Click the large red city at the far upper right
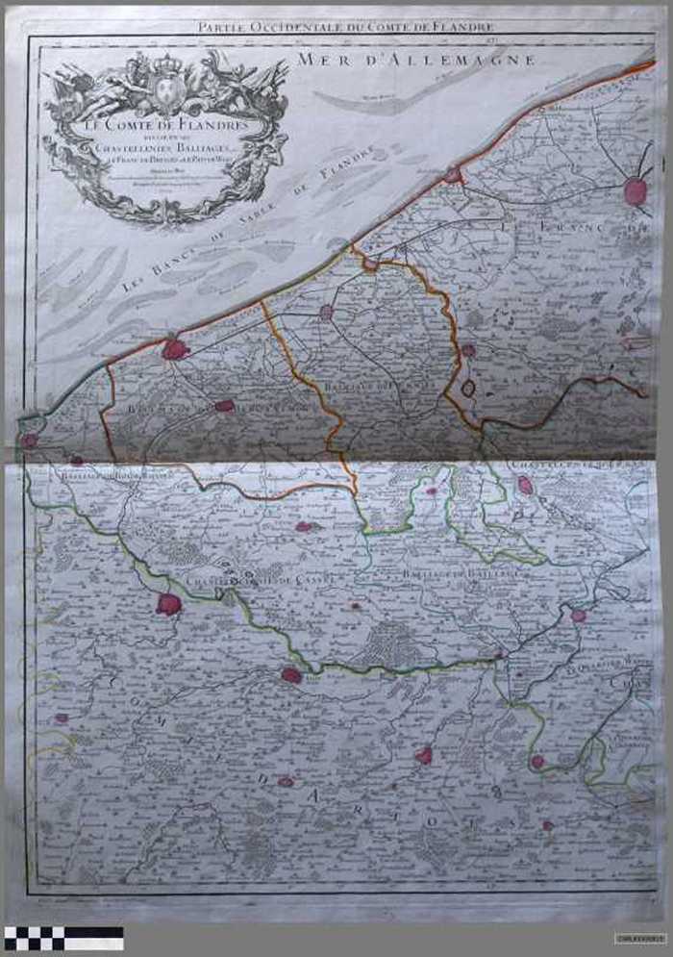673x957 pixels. [636, 190]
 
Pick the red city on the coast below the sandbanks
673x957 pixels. [175, 349]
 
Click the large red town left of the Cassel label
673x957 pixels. [169, 605]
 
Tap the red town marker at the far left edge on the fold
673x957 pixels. [29, 441]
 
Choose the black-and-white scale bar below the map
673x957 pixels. [63, 937]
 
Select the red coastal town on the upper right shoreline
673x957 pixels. [453, 175]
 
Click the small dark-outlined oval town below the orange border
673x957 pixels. [469, 388]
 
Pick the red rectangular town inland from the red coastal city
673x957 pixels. [224, 406]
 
